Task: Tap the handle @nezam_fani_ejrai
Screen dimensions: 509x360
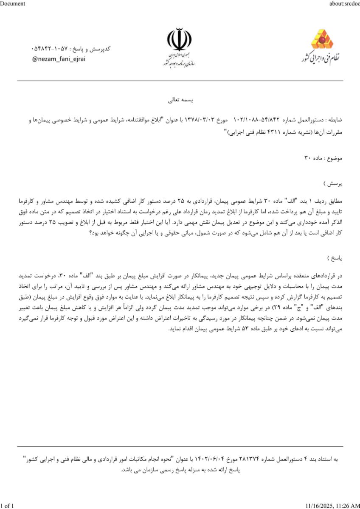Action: [x=59, y=59]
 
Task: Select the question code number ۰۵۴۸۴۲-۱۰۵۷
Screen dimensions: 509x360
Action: [x=51, y=49]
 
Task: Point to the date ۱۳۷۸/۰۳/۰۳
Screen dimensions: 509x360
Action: [x=199, y=120]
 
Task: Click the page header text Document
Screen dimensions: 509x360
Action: [x=13, y=3]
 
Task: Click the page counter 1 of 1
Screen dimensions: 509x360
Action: [x=7, y=505]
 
